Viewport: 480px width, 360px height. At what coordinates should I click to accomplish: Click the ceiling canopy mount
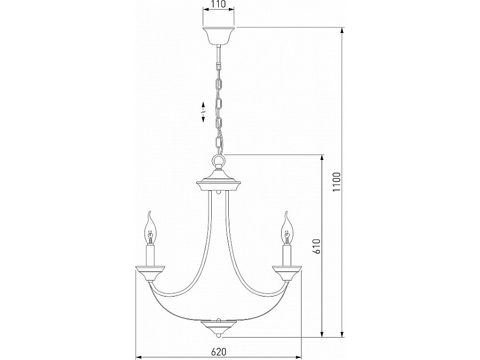pos(219,35)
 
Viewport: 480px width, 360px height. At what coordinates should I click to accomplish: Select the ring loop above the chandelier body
pos(219,159)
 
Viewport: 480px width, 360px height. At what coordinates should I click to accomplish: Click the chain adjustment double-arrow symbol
pos(203,111)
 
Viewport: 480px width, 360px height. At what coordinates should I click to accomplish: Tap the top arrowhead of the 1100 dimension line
pos(342,30)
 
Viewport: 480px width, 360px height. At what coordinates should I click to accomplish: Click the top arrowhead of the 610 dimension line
pos(322,157)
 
